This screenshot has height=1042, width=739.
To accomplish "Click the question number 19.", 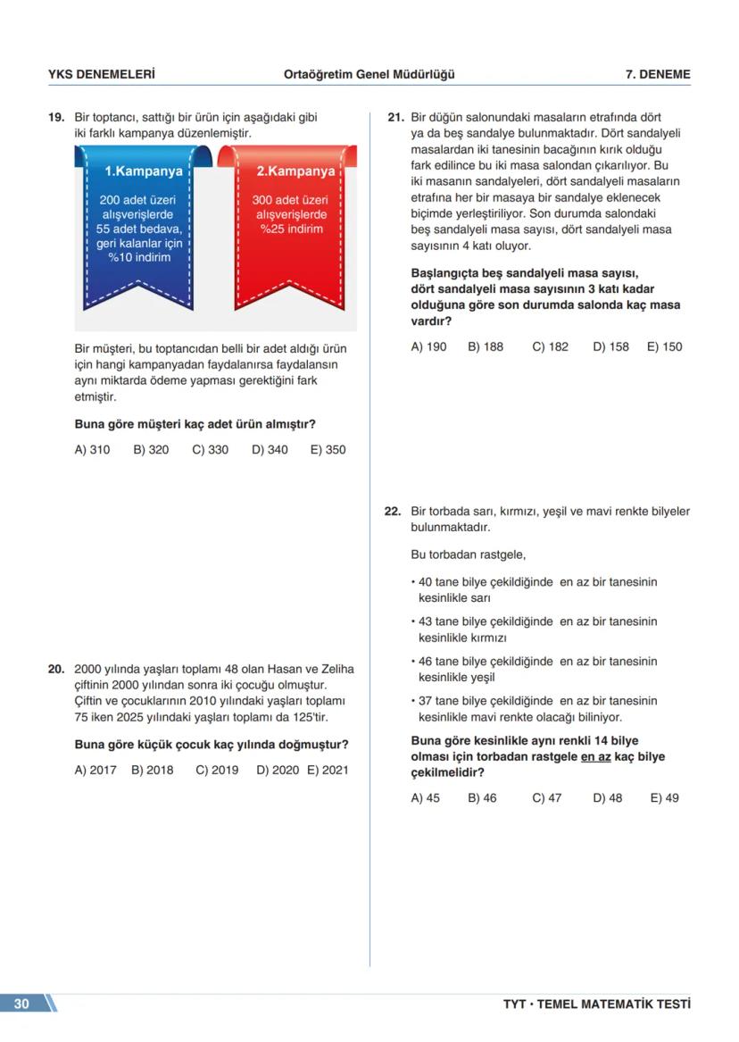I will [x=55, y=117].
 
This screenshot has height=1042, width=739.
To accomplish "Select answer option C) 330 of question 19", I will [x=210, y=450].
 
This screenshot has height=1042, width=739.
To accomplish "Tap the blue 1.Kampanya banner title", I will [x=144, y=171].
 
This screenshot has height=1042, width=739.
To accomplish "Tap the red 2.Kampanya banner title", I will [x=295, y=171].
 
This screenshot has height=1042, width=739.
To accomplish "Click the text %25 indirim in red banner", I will [x=291, y=229].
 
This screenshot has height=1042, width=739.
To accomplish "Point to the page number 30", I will [x=21, y=1004].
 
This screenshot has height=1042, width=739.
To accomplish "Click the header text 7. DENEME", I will [x=658, y=75].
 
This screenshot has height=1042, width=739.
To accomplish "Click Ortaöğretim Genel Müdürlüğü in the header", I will [x=369, y=75].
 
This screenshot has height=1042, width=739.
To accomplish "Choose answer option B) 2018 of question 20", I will [x=152, y=770].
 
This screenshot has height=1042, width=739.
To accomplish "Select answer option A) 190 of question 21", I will [x=428, y=346].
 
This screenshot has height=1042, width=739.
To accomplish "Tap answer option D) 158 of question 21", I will [x=610, y=346].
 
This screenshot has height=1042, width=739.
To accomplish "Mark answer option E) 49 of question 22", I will [x=664, y=798].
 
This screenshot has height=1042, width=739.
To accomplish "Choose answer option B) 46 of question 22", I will [x=482, y=798].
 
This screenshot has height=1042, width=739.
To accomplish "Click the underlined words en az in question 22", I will [x=596, y=757].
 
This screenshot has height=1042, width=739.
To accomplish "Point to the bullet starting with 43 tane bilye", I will [x=536, y=629].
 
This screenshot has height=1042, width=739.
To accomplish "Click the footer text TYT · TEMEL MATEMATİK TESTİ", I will [x=596, y=1004].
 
